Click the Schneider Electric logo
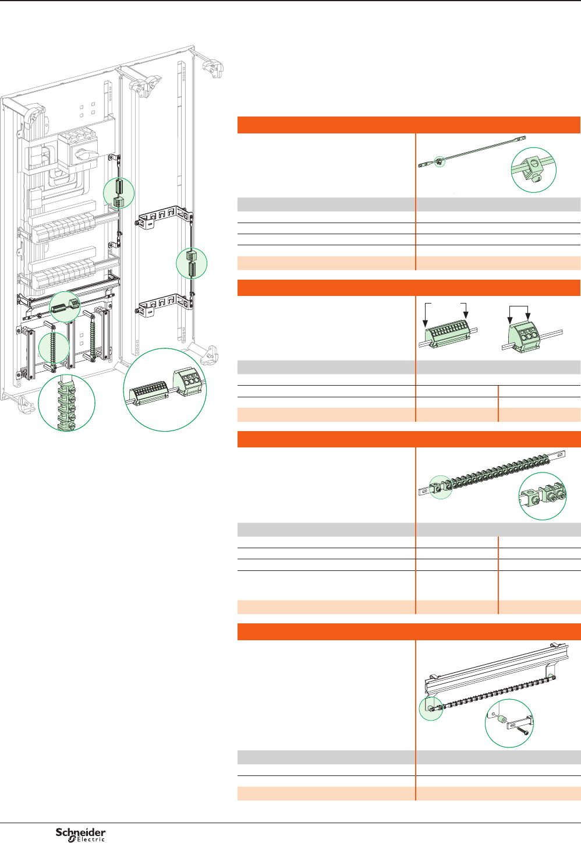(80, 834)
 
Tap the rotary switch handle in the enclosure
(86, 154)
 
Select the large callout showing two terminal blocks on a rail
(165, 390)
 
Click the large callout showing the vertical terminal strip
(66, 403)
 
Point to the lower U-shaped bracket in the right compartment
(163, 305)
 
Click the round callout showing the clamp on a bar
(534, 170)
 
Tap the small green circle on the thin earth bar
(440, 162)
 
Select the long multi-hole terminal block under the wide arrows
(448, 333)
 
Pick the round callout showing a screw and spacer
(509, 724)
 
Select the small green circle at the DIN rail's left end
(431, 708)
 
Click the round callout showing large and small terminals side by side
(542, 496)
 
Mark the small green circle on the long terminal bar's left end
(441, 488)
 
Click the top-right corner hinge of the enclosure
(213, 68)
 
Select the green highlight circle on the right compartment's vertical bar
(192, 263)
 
